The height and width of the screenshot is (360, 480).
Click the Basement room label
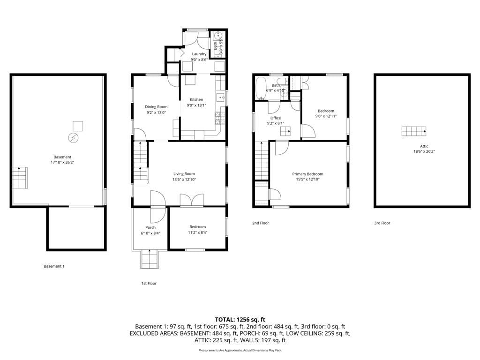coord(62,157)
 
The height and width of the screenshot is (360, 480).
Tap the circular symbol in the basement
coord(73,138)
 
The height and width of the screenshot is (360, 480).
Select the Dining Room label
coord(156,107)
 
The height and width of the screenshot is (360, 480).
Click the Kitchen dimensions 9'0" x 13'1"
coord(196,105)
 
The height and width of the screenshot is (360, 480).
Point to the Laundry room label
coord(199,54)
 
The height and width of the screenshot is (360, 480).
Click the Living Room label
coord(184,174)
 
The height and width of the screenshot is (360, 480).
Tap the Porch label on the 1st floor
coord(150,227)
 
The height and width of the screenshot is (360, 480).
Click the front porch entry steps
coord(150,259)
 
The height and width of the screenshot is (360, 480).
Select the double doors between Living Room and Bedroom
coord(191,200)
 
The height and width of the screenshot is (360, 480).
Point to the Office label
coord(276,118)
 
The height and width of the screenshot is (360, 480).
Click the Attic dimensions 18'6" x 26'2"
coord(421,151)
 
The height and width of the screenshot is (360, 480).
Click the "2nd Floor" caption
coord(261,223)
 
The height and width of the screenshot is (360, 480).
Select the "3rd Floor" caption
coord(382,223)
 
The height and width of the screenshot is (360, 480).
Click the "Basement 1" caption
coord(54,266)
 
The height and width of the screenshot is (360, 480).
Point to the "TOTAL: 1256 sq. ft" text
coord(240,319)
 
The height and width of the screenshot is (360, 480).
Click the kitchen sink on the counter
coord(220,97)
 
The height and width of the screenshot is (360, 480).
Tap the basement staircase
coord(20,178)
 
